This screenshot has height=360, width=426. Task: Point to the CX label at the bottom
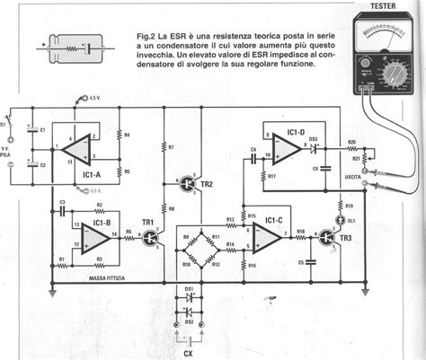click(x=188, y=353)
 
